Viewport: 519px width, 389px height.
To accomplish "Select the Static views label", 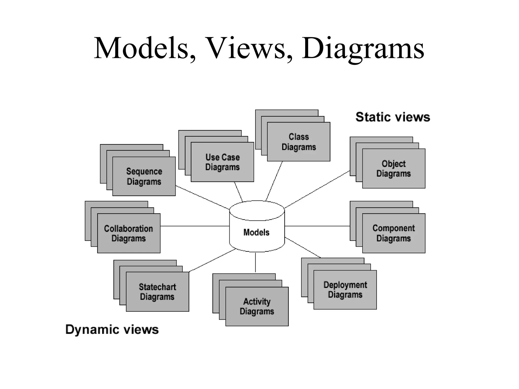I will (x=393, y=117).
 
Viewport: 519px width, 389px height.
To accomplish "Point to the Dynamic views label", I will (x=112, y=330).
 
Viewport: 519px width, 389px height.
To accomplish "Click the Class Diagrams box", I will (x=299, y=142).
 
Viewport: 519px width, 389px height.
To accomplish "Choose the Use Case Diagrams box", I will (x=222, y=162).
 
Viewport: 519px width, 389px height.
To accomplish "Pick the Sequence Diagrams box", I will (x=144, y=176).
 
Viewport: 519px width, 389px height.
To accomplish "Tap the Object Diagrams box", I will (x=394, y=169).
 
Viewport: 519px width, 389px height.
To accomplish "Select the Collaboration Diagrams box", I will (x=129, y=233).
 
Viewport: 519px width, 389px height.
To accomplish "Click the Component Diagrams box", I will (x=394, y=233).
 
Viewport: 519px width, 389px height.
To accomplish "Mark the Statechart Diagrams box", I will (x=157, y=292).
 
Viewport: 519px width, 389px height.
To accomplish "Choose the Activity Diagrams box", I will (x=257, y=306).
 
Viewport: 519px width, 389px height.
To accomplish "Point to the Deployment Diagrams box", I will (x=345, y=290).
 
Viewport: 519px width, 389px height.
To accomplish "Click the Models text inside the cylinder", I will (x=256, y=232).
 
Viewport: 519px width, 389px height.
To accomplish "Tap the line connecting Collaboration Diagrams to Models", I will (x=195, y=226).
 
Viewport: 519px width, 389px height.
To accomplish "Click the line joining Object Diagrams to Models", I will (x=317, y=189).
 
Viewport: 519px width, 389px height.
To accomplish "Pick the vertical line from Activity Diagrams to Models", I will (x=255, y=263).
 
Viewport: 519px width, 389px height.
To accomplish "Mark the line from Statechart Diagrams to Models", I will (x=212, y=260).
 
